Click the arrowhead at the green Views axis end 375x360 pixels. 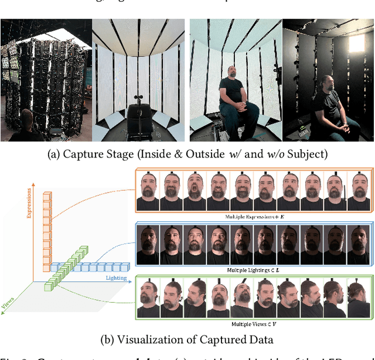[x=5, y=314]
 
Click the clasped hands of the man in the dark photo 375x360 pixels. [x=337, y=125]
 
